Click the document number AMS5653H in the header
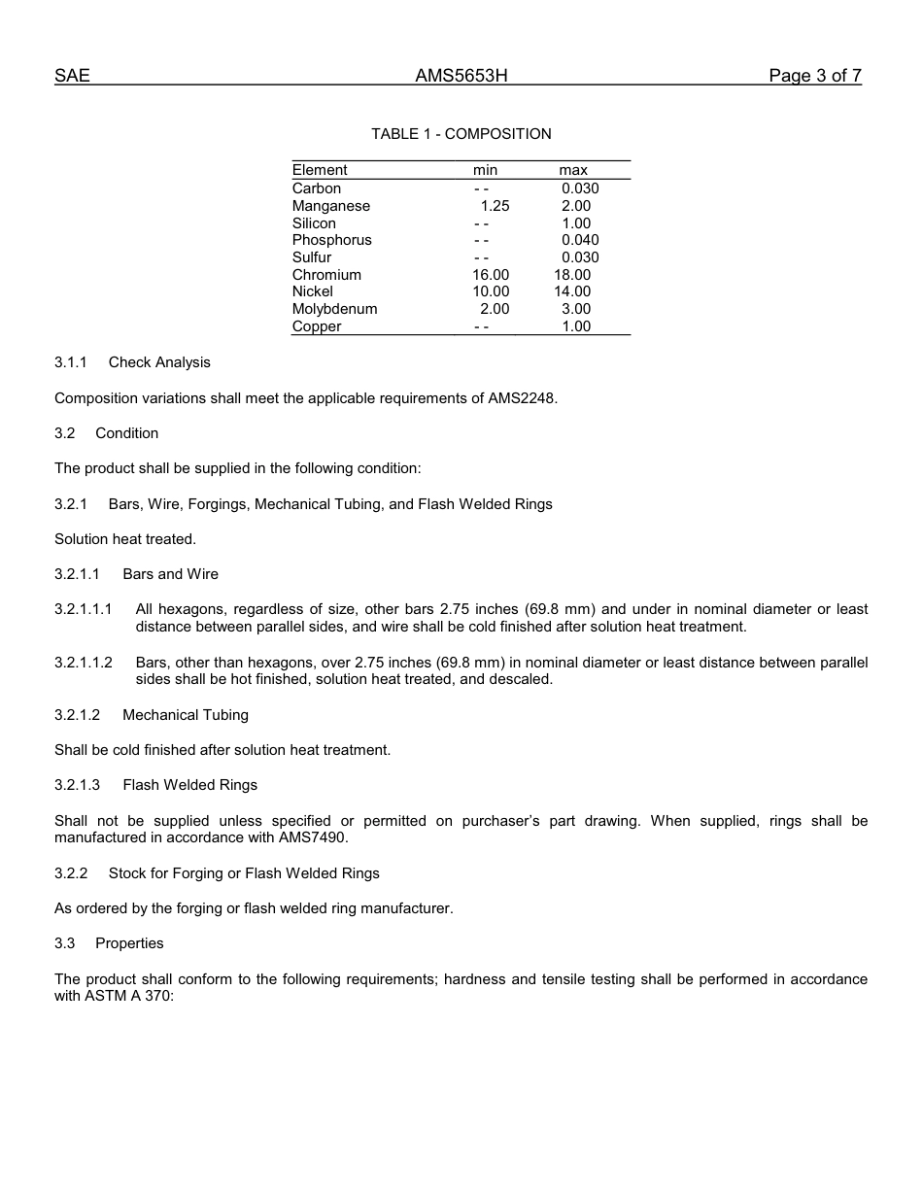coord(461,76)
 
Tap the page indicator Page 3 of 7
coord(814,76)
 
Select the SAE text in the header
coord(72,76)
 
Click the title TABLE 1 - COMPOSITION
coord(461,134)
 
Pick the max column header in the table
coord(572,170)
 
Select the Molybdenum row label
coord(334,309)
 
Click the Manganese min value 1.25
coord(495,206)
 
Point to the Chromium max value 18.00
coord(572,275)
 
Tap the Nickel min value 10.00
coord(491,291)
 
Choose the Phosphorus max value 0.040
coord(580,240)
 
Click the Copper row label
coord(317,326)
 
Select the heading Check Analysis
coord(159,362)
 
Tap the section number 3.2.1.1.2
coord(84,663)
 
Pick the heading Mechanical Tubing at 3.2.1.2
coord(186,715)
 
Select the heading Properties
coord(129,943)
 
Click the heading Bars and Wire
coord(170,574)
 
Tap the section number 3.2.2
coord(71,873)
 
